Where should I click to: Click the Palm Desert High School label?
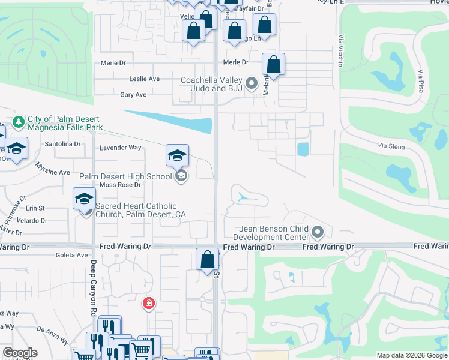coord(125,176)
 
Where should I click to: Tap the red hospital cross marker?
coord(148,304)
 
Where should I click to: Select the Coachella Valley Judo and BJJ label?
coord(212,84)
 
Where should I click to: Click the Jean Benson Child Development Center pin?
coord(318,232)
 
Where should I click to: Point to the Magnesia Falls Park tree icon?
coord(19,122)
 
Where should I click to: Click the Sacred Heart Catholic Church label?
coord(140,210)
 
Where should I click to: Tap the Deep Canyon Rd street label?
coord(94,287)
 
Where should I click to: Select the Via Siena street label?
coord(391,146)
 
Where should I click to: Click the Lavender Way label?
coord(120,148)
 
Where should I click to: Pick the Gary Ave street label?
coord(133,95)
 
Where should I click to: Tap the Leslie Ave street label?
coord(145,79)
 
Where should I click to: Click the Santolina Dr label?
coord(63,144)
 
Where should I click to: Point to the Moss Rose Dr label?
coord(120,185)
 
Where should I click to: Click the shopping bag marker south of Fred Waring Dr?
coord(207,260)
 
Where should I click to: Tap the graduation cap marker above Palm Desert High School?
coord(177,155)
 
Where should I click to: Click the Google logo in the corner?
coord(20,353)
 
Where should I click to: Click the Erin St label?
coord(35,208)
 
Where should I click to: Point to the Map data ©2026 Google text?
coord(411,355)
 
